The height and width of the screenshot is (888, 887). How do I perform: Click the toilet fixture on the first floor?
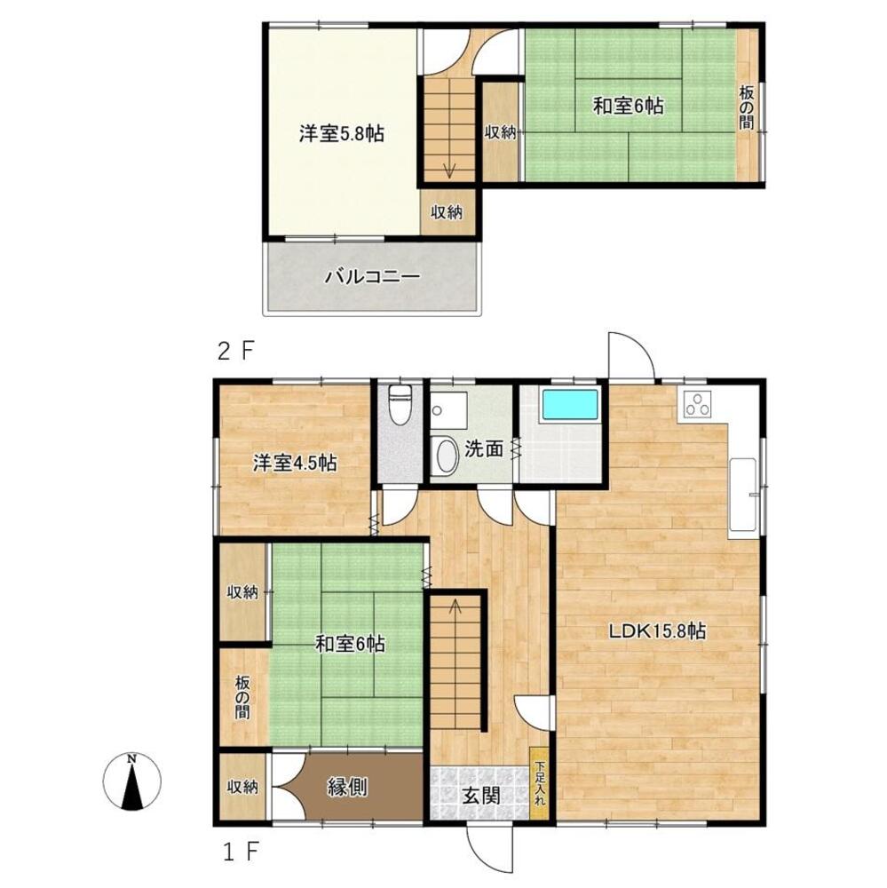point(400,404)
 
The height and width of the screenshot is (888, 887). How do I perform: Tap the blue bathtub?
point(570,404)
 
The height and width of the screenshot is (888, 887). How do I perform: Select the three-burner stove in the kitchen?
point(697,404)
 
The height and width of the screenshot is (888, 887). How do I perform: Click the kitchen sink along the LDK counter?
point(742,495)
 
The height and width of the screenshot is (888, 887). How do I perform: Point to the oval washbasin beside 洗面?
point(447,456)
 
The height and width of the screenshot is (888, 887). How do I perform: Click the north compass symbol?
point(131,781)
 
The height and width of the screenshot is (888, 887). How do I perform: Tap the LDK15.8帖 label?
point(657,630)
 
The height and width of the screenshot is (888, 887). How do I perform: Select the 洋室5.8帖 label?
point(342,134)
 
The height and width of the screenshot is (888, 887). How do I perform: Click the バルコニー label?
point(372,277)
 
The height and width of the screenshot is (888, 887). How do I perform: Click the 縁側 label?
point(347,787)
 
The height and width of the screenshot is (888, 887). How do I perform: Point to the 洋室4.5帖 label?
point(295,463)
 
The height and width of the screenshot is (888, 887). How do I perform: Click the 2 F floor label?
point(235,352)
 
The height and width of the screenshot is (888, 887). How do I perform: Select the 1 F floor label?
point(240,852)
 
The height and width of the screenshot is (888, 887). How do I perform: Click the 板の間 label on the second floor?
point(746,107)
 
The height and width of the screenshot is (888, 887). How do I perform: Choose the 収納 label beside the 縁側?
point(242,787)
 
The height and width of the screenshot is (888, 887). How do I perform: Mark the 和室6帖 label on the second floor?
point(628,106)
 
